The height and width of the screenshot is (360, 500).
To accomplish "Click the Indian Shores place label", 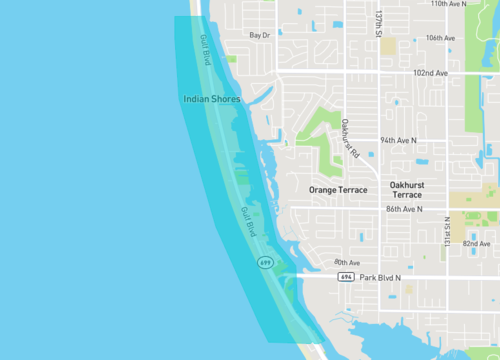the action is [x=212, y=99].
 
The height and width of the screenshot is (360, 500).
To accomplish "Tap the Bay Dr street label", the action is [x=260, y=35].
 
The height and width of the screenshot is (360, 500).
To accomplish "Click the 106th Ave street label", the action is [x=440, y=38].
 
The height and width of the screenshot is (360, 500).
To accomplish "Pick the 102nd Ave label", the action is [x=430, y=73].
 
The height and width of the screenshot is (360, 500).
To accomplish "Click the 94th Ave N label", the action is [x=397, y=141].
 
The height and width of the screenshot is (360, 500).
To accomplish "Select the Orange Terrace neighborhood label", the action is [x=338, y=189].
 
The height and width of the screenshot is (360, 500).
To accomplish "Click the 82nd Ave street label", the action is [x=477, y=243].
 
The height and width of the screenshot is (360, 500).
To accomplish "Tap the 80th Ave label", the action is [x=347, y=262].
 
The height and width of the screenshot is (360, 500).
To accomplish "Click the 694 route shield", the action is [x=345, y=277].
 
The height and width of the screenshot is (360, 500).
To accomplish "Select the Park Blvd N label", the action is [x=380, y=277].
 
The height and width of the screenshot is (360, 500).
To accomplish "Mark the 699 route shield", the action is [x=264, y=262].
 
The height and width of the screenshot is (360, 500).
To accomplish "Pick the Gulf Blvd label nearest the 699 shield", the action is [x=248, y=222].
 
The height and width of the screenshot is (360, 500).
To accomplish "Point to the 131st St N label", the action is [x=449, y=228].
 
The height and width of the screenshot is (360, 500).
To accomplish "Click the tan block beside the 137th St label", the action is [x=388, y=45].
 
